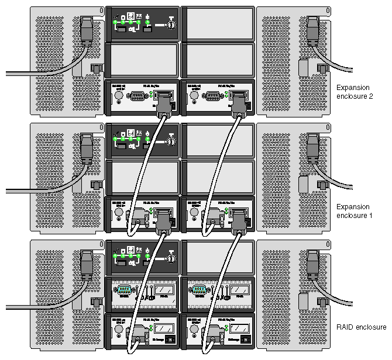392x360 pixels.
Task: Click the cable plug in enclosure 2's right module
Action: (x=238, y=105)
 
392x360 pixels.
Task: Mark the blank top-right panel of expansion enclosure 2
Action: (x=217, y=23)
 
